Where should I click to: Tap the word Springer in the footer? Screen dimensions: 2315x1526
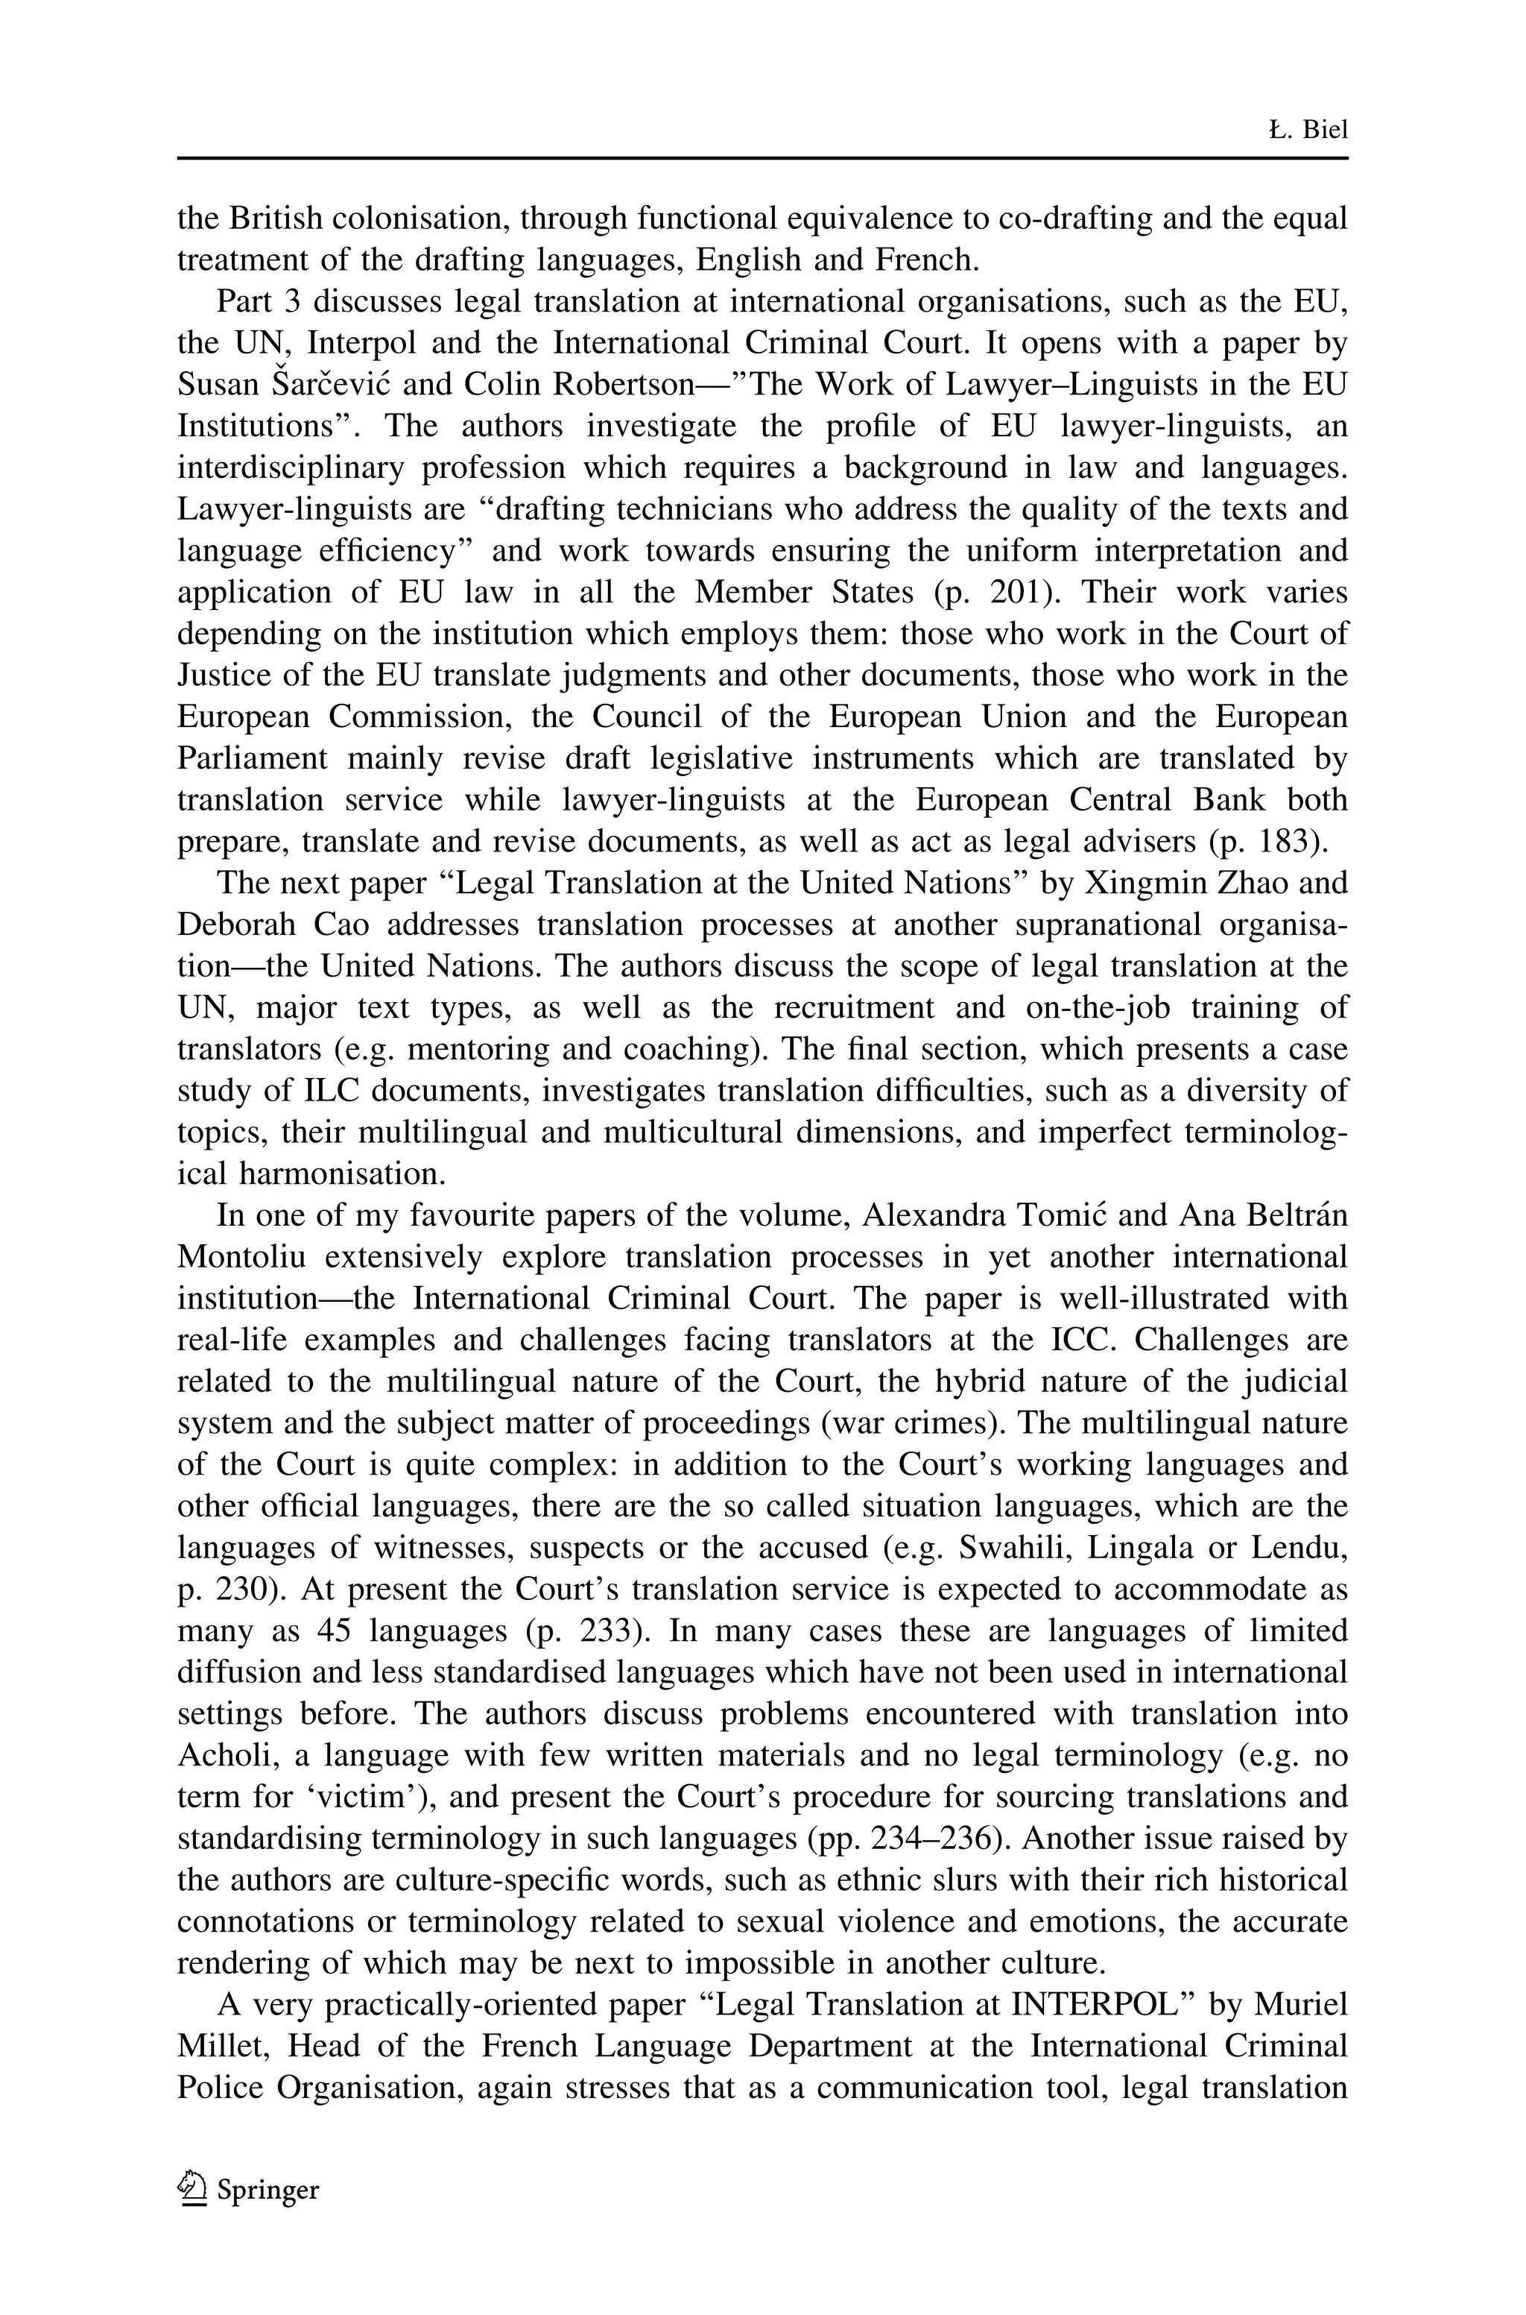pyautogui.click(x=267, y=2190)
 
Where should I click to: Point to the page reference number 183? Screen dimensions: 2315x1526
pyautogui.click(x=1290, y=841)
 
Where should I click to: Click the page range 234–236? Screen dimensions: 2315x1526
pyautogui.click(x=939, y=1838)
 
